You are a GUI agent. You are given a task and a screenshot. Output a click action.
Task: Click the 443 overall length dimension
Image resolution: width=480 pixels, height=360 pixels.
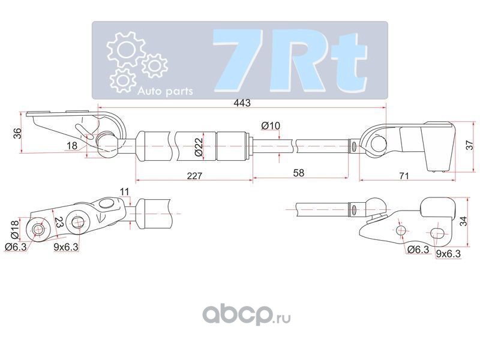(x=242, y=104)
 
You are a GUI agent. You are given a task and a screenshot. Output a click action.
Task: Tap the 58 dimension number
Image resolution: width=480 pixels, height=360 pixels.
(x=298, y=173)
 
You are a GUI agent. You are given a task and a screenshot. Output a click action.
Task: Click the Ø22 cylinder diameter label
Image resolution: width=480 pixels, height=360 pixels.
(x=197, y=148)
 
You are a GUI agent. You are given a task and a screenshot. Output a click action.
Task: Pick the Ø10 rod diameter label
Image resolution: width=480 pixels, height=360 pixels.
(x=271, y=125)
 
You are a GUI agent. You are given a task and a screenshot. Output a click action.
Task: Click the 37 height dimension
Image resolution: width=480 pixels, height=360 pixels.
(x=470, y=145)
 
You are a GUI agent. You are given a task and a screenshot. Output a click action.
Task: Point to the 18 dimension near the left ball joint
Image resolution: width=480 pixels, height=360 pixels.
(x=71, y=146)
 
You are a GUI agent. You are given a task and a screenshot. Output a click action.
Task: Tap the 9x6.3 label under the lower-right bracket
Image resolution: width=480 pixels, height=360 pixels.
(x=448, y=254)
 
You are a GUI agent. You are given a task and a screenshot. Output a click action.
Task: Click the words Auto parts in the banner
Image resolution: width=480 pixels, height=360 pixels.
(x=165, y=92)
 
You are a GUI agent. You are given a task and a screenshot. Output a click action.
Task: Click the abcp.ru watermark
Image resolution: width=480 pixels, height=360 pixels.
(x=241, y=314)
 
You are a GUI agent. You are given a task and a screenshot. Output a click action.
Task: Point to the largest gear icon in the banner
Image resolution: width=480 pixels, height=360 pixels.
(x=124, y=49)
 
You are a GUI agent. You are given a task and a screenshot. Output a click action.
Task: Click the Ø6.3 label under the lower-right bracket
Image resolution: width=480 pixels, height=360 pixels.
(x=417, y=250)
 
